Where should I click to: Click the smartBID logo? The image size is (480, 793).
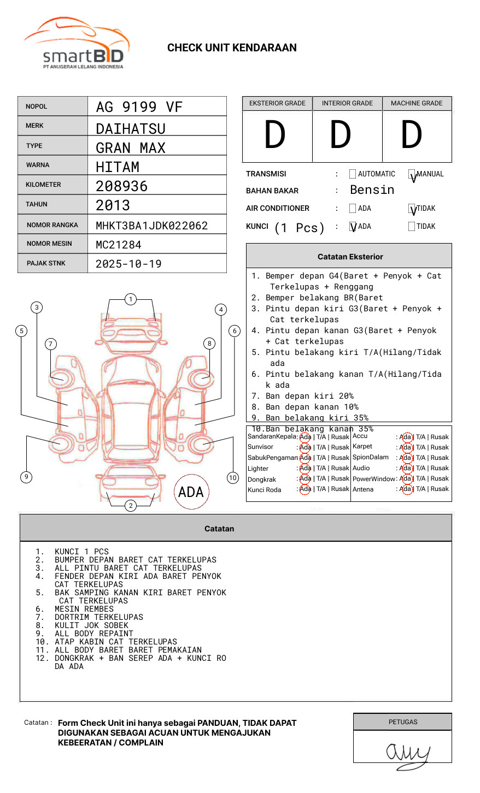[77, 44]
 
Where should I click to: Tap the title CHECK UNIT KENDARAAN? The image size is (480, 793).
[232, 48]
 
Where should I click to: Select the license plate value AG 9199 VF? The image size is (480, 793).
[139, 107]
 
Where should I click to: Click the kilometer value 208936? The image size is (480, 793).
[121, 186]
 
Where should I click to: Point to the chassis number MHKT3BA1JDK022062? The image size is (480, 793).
[151, 226]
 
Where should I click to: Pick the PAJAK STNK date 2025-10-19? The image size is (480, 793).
[128, 264]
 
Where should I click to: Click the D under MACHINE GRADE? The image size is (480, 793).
[411, 135]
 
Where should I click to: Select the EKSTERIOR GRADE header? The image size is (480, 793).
[277, 103]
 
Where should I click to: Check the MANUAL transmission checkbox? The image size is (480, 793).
[412, 175]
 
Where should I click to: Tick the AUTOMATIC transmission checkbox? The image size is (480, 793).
[353, 174]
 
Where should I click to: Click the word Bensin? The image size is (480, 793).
[372, 190]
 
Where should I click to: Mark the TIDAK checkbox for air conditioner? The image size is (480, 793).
[412, 209]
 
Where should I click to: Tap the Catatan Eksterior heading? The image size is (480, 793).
[350, 257]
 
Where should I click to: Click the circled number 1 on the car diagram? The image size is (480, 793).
[130, 299]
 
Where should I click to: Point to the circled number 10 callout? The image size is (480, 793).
[233, 478]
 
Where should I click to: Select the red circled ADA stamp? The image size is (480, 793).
[191, 492]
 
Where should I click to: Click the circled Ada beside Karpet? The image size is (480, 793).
[406, 447]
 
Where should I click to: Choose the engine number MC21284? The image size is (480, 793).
[118, 245]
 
